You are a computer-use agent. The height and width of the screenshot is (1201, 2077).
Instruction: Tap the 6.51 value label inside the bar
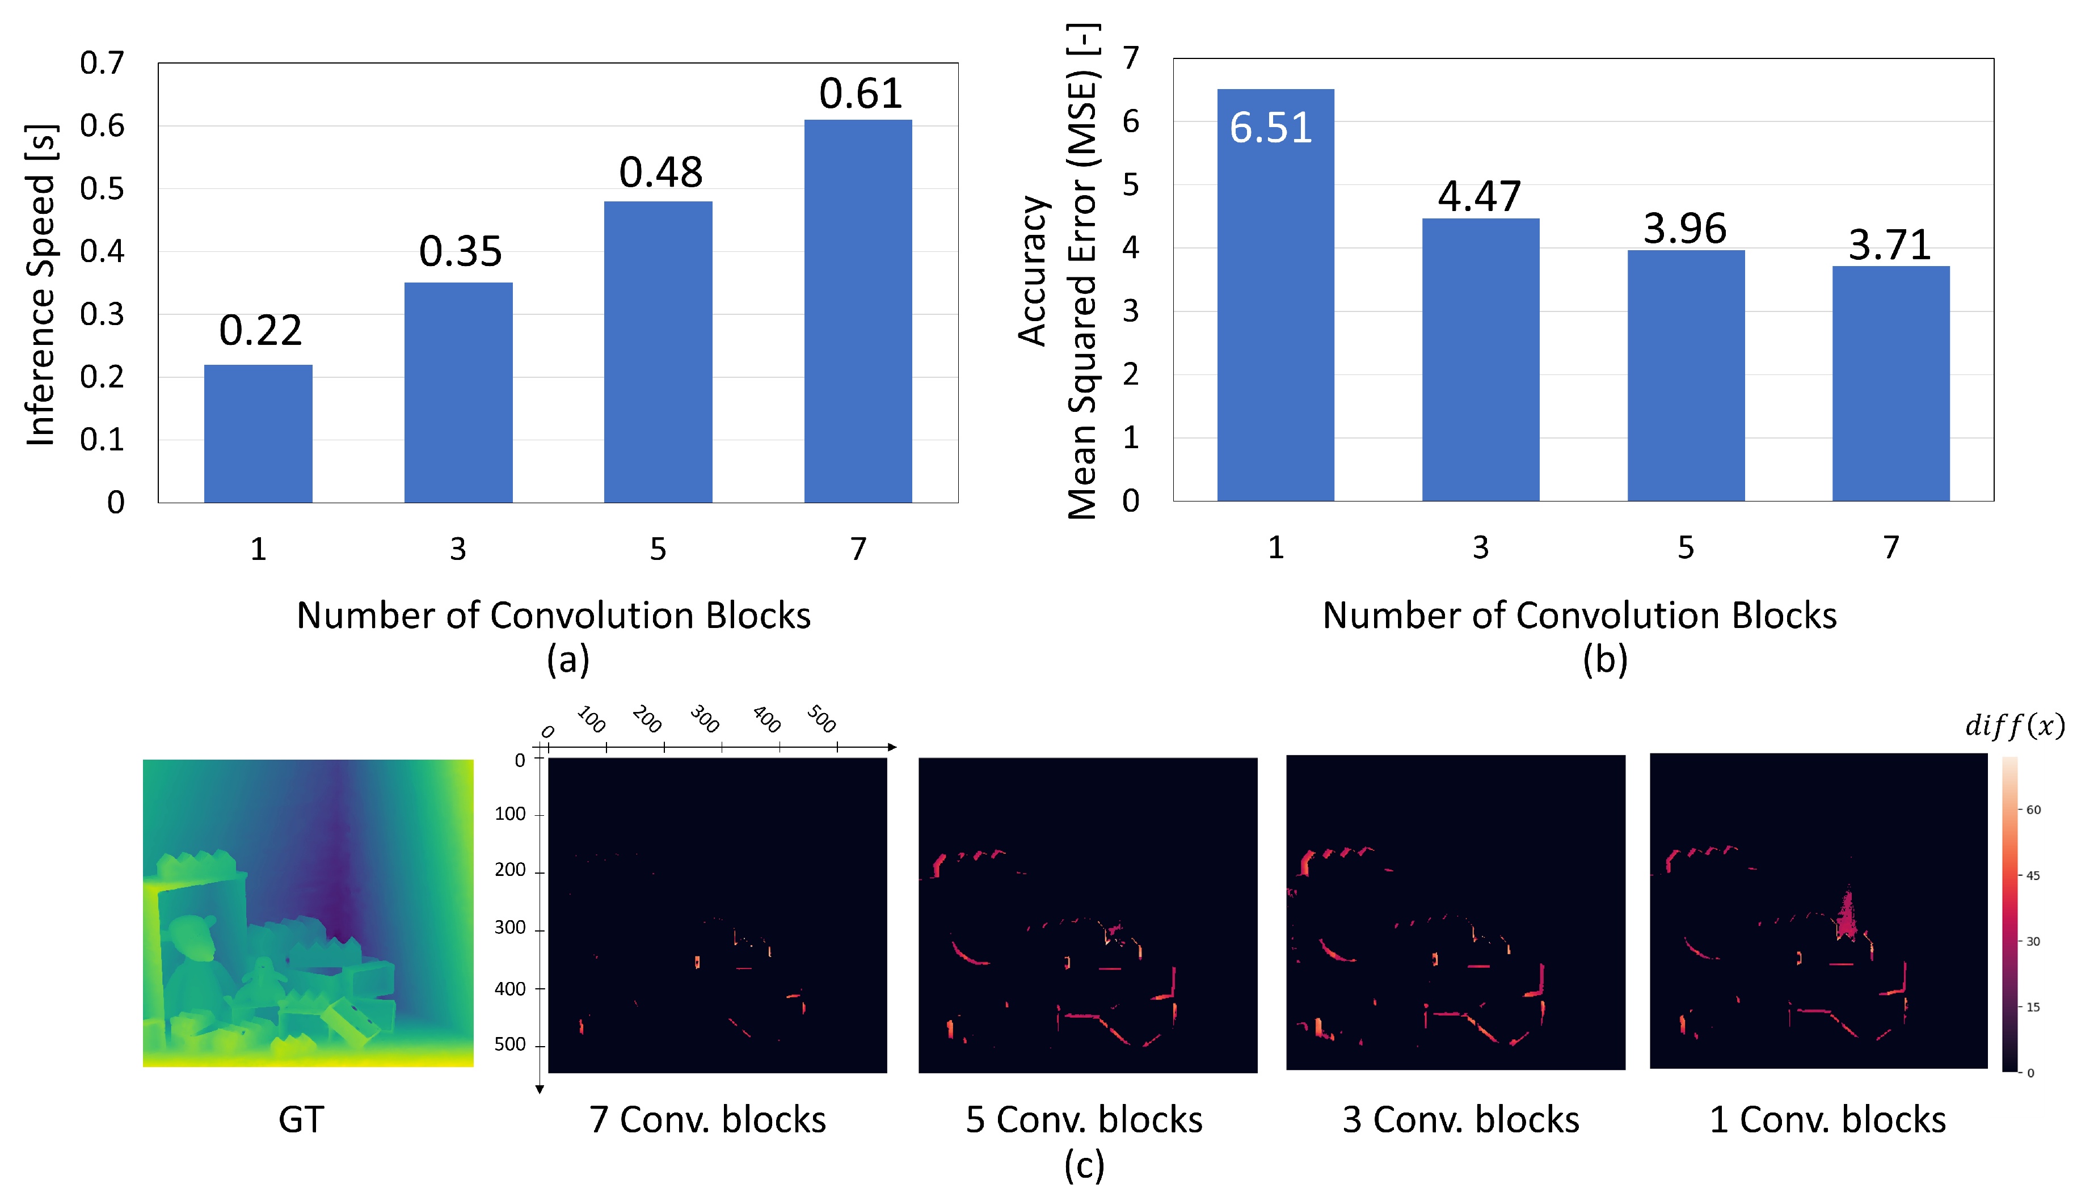1270,128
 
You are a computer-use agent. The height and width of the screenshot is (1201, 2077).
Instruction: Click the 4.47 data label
1480,196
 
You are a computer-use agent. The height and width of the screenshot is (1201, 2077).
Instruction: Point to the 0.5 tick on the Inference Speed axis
102,189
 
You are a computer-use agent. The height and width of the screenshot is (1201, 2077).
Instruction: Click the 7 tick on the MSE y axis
1131,58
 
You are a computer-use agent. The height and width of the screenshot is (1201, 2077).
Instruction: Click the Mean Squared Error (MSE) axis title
1082,272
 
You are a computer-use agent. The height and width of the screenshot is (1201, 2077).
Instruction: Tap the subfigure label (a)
568,659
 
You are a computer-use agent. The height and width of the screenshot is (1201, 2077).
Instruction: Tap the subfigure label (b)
1605,659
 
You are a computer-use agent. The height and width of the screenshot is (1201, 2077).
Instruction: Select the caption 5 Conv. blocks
1084,1119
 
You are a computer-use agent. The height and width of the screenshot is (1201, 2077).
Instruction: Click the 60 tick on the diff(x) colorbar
2033,810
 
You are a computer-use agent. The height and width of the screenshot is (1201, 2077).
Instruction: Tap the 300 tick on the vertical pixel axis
509,928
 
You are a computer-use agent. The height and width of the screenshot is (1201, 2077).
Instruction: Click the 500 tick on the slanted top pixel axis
821,718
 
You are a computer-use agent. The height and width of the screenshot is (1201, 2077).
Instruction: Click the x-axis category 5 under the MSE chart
1686,548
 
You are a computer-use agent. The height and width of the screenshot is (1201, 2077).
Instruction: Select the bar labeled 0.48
658,352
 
